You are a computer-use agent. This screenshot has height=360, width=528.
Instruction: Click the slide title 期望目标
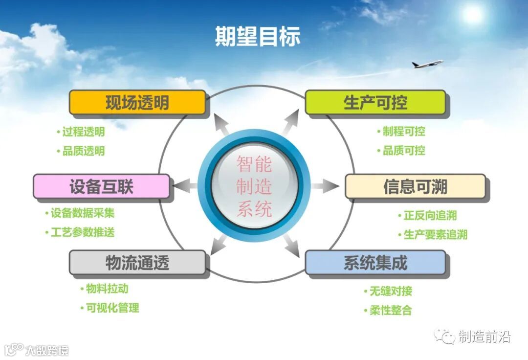click(258, 36)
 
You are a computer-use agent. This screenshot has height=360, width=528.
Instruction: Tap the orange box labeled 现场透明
click(137, 103)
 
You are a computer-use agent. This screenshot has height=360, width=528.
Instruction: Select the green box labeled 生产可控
click(375, 103)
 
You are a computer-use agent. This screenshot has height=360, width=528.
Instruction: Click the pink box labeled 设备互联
click(101, 187)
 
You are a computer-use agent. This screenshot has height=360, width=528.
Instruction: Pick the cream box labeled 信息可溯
click(415, 187)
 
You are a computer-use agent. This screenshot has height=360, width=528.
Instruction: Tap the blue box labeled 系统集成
click(375, 263)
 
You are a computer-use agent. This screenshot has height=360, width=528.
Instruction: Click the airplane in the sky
click(427, 64)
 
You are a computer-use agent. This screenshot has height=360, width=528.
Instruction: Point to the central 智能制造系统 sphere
click(254, 186)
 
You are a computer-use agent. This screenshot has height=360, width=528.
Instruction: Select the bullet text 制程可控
click(404, 132)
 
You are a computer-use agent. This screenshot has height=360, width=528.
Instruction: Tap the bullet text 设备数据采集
click(83, 213)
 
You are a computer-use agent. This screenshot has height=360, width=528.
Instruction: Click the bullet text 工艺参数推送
click(83, 232)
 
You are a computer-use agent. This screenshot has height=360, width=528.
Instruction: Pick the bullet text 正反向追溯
click(430, 216)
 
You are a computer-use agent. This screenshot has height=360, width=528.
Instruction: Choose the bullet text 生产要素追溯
click(436, 235)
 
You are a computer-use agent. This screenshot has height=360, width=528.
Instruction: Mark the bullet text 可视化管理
click(112, 308)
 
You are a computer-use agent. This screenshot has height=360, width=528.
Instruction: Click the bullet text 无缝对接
click(391, 292)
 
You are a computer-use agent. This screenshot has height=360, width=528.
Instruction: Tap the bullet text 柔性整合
click(391, 311)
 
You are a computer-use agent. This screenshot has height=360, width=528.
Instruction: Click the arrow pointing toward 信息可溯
click(325, 186)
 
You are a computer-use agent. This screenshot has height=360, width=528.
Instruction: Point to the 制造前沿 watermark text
click(484, 337)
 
